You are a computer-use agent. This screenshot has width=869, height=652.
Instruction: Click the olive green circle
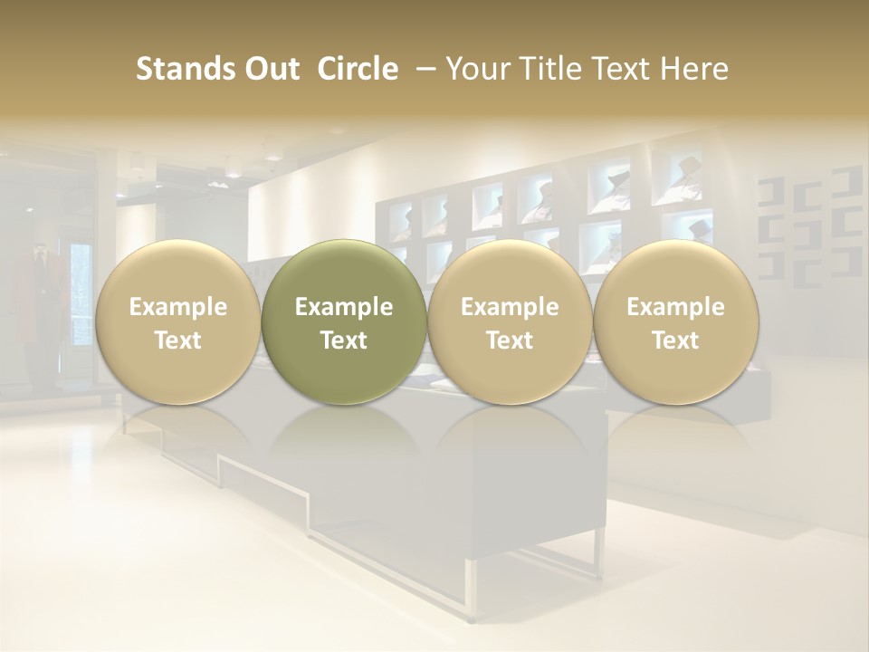(344, 321)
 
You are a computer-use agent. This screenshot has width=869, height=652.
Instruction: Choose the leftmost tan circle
(177, 321)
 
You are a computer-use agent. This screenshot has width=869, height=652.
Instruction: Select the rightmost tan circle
(676, 321)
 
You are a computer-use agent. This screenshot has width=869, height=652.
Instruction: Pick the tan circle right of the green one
(510, 321)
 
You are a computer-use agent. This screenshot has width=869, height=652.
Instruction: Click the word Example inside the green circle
(344, 307)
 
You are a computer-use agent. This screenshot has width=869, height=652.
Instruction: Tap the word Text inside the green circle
(344, 340)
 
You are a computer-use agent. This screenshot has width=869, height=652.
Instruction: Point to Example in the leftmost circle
(177, 307)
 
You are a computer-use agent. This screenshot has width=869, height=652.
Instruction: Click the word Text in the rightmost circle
(676, 340)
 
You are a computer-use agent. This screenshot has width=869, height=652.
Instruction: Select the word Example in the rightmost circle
(676, 307)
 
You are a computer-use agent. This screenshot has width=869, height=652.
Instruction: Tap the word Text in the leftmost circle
(177, 340)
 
